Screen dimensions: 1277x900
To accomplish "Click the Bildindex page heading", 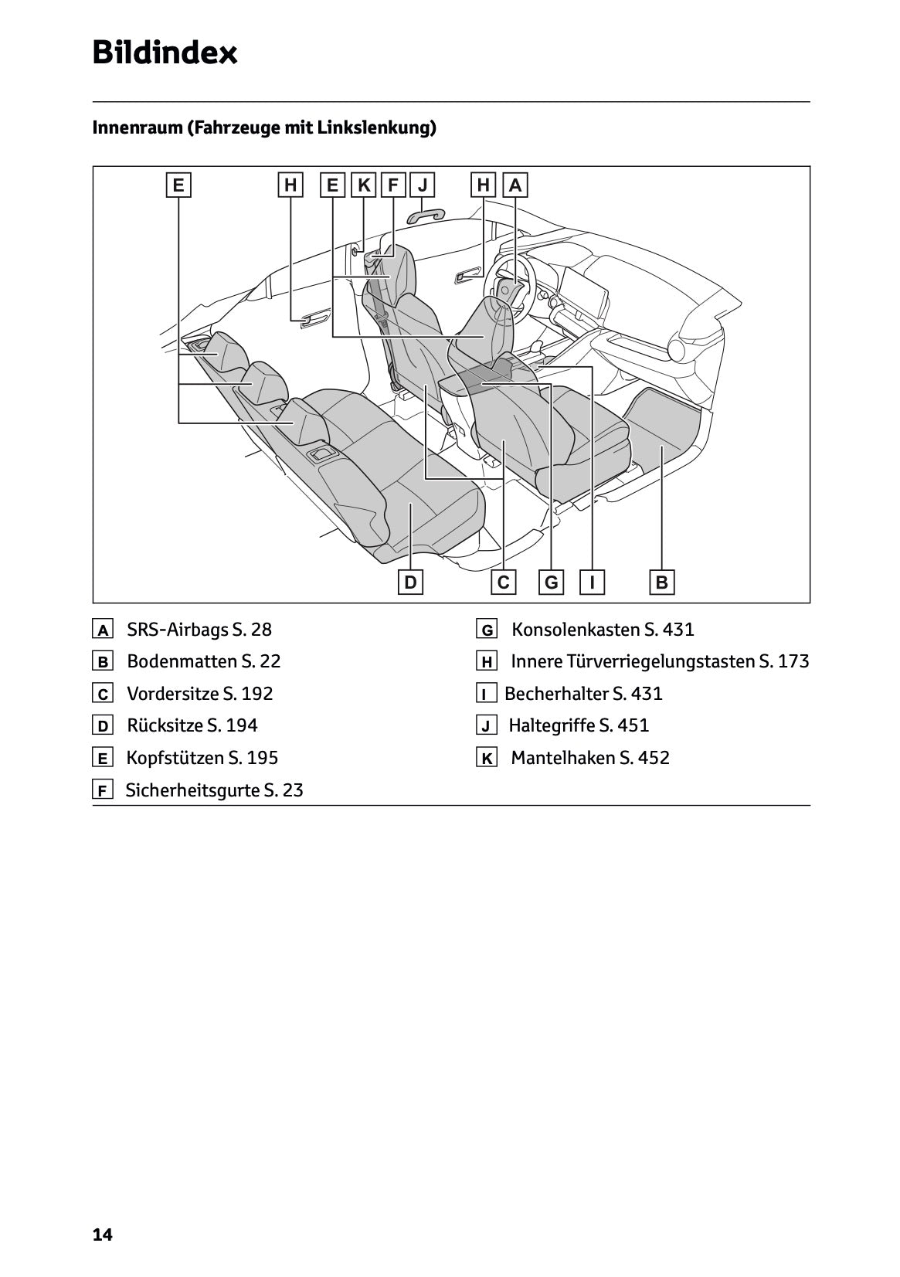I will point(165,53).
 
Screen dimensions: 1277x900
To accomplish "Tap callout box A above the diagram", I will point(515,185).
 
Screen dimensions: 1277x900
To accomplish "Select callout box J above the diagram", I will point(422,185).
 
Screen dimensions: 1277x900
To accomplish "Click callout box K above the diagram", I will point(364,185).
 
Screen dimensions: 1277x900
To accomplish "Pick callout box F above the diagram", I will point(393,185).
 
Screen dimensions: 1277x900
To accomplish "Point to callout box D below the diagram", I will point(410,582).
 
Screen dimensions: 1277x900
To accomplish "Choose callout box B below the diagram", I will point(662,582).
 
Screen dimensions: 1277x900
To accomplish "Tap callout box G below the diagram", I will point(552,582).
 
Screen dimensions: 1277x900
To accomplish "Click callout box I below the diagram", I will point(593,582).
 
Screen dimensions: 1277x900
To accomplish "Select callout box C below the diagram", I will point(504,582).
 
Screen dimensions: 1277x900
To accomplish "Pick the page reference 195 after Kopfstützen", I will point(263,758).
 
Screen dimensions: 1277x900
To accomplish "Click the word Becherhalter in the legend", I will point(555,694).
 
